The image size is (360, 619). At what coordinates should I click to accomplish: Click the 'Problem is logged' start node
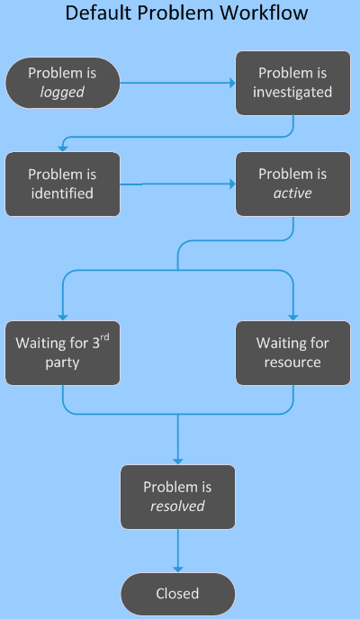tap(62, 83)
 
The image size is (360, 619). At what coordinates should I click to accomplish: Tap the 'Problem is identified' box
tap(62, 184)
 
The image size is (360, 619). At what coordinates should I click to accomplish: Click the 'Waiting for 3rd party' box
tap(62, 352)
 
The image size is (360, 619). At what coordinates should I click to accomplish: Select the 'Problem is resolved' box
tap(177, 497)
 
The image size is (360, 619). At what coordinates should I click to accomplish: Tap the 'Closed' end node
tap(177, 594)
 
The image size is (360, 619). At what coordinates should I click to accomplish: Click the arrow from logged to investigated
tap(176, 83)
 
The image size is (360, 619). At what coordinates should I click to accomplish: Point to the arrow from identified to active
tap(176, 184)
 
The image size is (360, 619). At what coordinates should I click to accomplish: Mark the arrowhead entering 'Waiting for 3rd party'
tap(62, 315)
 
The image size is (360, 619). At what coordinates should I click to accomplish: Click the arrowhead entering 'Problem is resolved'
tap(177, 459)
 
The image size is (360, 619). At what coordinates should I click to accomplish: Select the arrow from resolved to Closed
tap(177, 551)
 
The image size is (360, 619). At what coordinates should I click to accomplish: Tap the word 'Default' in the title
tap(97, 14)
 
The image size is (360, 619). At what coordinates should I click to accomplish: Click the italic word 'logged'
tap(62, 92)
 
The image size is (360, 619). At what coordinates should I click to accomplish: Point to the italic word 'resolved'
tap(177, 506)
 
